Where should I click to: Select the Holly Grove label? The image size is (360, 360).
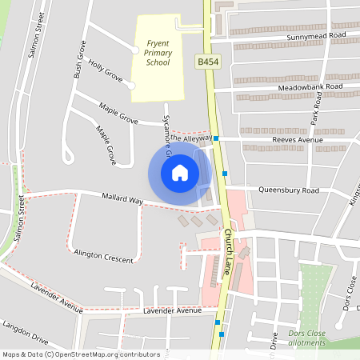point(106,70)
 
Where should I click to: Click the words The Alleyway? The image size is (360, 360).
point(190,138)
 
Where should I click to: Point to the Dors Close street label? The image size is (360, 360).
point(349,293)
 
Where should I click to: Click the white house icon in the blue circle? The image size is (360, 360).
point(180,172)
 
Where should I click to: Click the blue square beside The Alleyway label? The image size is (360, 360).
point(216,138)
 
